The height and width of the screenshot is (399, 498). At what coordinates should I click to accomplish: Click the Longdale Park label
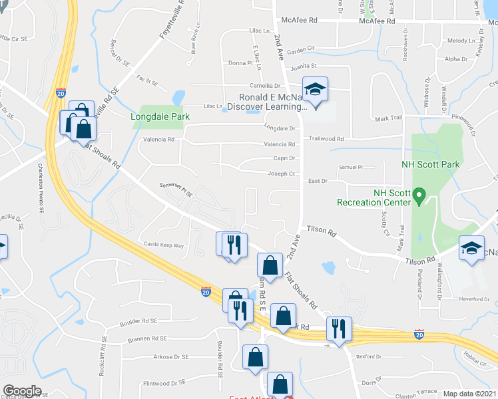[160, 117]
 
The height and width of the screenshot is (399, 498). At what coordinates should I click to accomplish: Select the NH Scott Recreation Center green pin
[419, 196]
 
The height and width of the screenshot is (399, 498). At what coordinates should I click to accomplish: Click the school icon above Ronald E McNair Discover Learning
[315, 90]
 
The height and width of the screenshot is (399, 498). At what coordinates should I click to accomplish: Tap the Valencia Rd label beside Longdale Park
[158, 140]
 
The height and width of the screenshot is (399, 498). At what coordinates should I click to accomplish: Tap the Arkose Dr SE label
[172, 357]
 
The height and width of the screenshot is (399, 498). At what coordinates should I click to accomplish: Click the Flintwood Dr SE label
[163, 383]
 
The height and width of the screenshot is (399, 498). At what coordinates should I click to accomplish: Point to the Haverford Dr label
[473, 299]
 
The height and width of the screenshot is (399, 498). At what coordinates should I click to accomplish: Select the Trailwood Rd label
[326, 139]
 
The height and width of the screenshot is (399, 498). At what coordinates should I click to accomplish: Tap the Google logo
[22, 391]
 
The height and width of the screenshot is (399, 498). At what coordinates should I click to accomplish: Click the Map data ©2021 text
[470, 394]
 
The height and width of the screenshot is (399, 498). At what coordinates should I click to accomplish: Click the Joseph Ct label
[282, 174]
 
